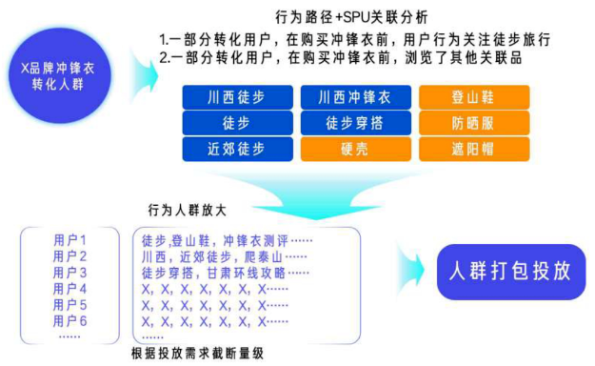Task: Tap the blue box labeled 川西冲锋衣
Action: tap(356, 98)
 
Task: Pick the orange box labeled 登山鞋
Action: tap(473, 98)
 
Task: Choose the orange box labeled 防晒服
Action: tap(473, 124)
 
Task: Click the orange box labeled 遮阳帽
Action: tap(473, 150)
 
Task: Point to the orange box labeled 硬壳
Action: tap(356, 150)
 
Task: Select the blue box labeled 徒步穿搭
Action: tap(356, 124)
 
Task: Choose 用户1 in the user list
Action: tap(70, 239)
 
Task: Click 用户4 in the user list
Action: tap(70, 288)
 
